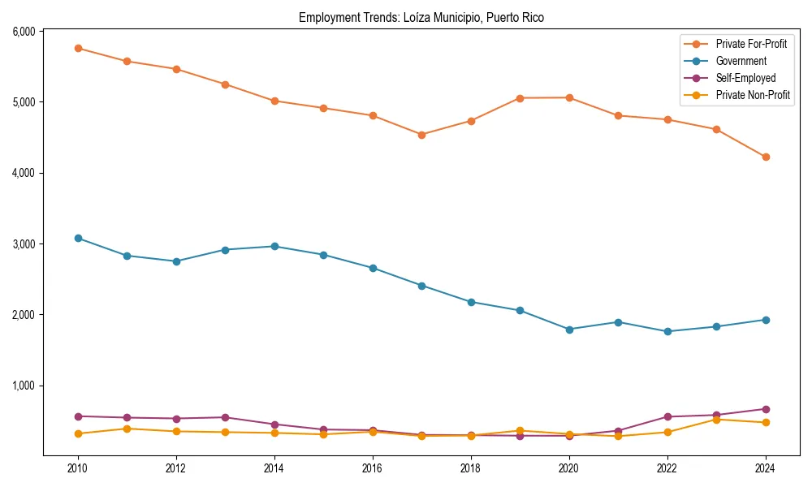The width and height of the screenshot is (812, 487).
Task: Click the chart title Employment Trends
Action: pos(421,17)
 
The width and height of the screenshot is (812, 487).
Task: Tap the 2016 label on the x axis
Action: pos(372,468)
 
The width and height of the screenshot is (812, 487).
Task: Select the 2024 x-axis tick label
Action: pos(765,468)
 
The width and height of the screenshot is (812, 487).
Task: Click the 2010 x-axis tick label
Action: pos(78,468)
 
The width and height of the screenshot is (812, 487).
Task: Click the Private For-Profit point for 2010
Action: pos(78,48)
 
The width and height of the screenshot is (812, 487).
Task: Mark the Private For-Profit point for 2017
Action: pos(421,135)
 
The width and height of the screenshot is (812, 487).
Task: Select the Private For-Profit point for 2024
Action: pos(765,157)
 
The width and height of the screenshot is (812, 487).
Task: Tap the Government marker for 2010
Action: pos(78,238)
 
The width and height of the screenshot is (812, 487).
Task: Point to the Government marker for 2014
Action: pos(274,246)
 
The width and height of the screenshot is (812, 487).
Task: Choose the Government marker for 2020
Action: pos(569,330)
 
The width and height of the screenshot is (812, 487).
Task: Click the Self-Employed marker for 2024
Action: pos(765,409)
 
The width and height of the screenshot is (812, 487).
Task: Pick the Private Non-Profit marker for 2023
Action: pos(716,420)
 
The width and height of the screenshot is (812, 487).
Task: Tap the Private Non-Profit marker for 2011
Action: pos(127,429)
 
